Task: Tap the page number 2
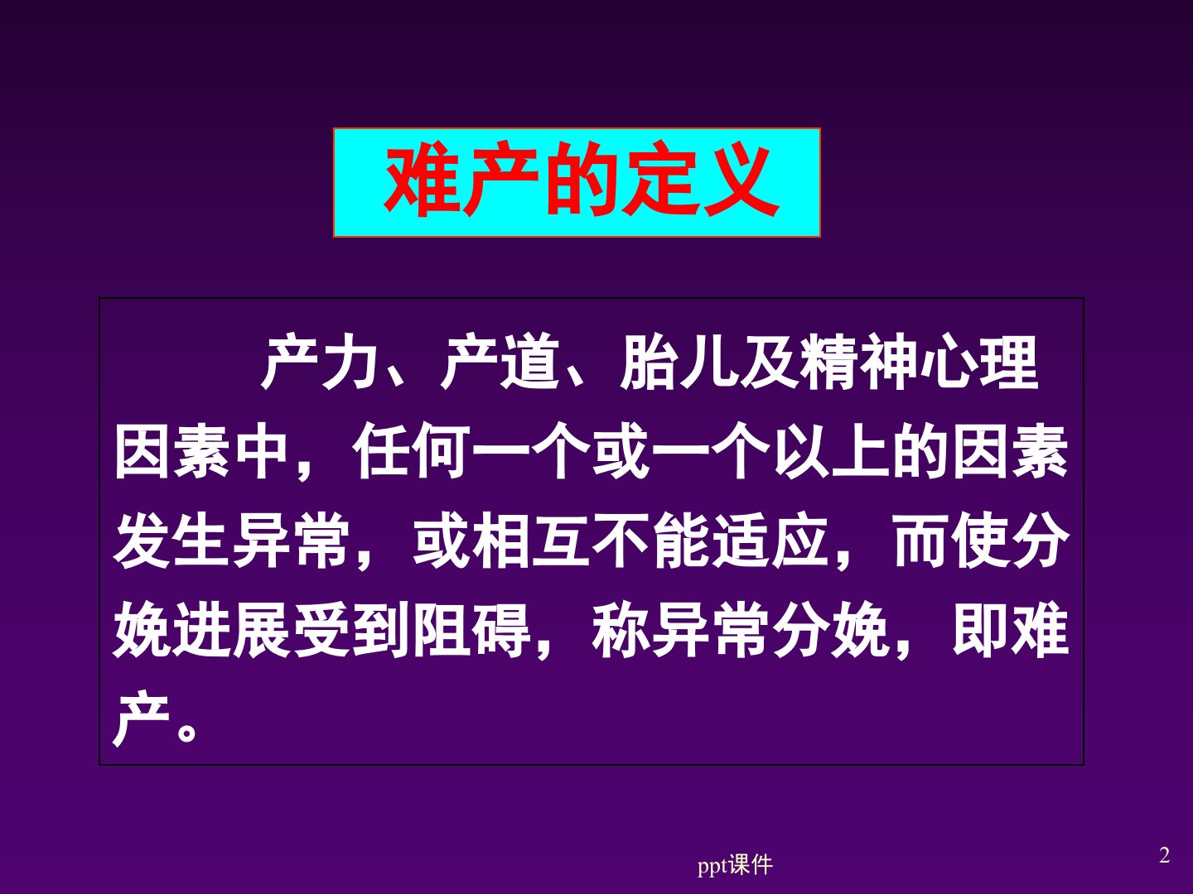[x=1164, y=855]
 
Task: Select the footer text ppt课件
[x=735, y=865]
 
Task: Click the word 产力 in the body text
[x=320, y=362]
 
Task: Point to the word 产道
[x=499, y=362]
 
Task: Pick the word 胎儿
[x=679, y=362]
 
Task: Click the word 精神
[x=858, y=362]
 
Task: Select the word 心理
[x=978, y=362]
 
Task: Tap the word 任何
[x=412, y=452]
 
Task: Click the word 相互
[x=531, y=541]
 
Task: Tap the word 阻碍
[x=471, y=630]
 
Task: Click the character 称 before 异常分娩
[x=621, y=630]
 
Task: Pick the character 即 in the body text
[x=981, y=630]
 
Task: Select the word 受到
[x=351, y=630]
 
